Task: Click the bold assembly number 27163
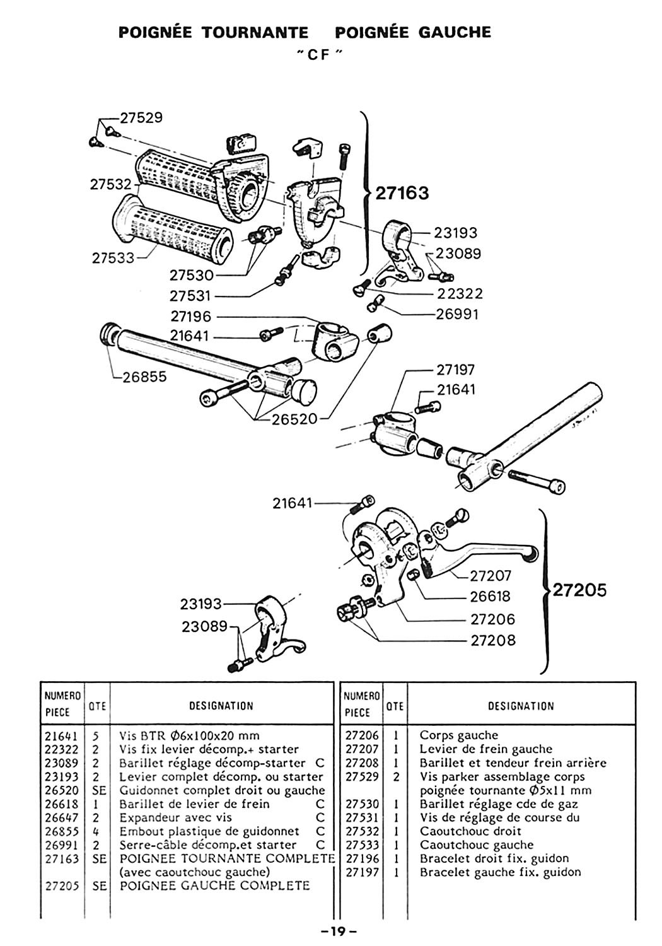402,193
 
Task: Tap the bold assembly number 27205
579,590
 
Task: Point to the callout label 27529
141,118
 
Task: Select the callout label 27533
113,258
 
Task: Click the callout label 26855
145,377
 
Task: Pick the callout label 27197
456,370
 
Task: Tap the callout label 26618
490,597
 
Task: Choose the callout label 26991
457,314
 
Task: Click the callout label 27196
191,317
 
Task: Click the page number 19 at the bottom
338,931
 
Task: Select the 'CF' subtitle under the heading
318,55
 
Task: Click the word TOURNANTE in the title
255,33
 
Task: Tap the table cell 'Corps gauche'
458,735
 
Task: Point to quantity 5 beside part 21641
96,736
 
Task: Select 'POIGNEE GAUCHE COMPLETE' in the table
215,885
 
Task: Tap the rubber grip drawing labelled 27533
173,225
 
